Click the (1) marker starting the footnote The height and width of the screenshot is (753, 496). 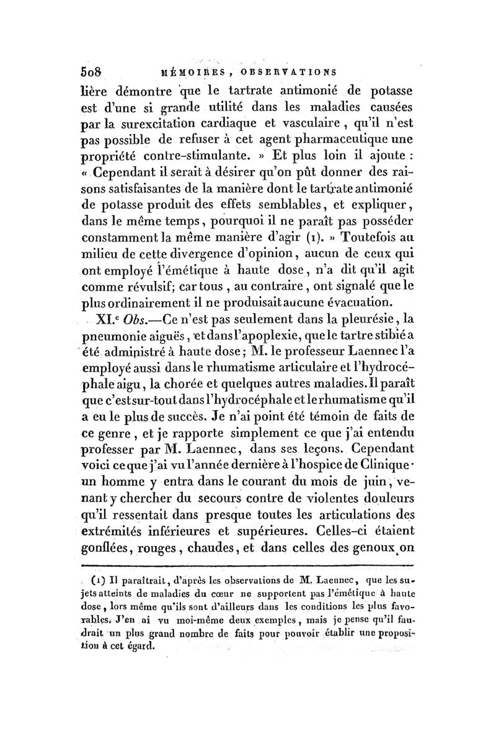[97, 582]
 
